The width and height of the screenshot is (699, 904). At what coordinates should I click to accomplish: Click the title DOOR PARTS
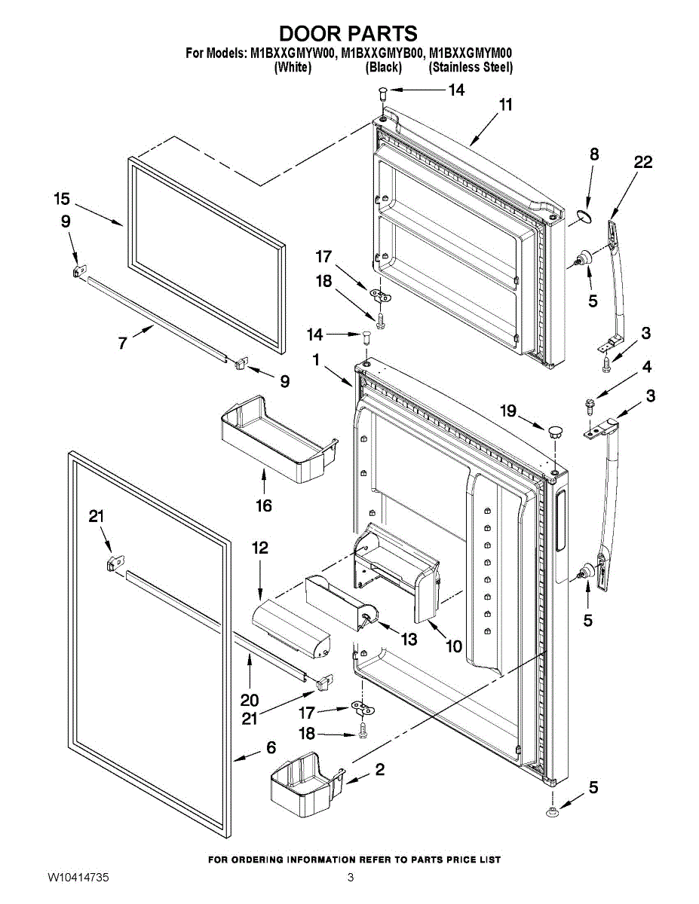348,33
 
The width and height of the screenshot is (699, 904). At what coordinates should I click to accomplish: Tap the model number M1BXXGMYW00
293,53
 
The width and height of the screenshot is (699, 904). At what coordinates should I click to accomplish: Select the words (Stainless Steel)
471,67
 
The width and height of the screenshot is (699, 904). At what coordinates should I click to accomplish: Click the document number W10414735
78,877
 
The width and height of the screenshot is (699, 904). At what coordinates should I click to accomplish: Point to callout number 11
505,105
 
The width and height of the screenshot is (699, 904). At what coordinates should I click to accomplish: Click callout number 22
643,162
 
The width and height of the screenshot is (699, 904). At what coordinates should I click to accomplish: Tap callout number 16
263,505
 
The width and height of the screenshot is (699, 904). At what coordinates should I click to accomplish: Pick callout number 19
508,411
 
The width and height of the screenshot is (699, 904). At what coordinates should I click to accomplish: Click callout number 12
259,548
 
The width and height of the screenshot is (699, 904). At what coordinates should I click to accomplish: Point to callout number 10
453,646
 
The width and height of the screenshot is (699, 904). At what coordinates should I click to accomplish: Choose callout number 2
379,769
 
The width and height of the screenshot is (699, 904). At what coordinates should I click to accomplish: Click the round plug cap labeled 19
555,432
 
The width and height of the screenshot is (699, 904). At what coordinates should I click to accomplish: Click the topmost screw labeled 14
382,93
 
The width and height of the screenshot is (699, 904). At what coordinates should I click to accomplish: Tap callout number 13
408,640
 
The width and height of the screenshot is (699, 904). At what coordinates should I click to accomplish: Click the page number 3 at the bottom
351,877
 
